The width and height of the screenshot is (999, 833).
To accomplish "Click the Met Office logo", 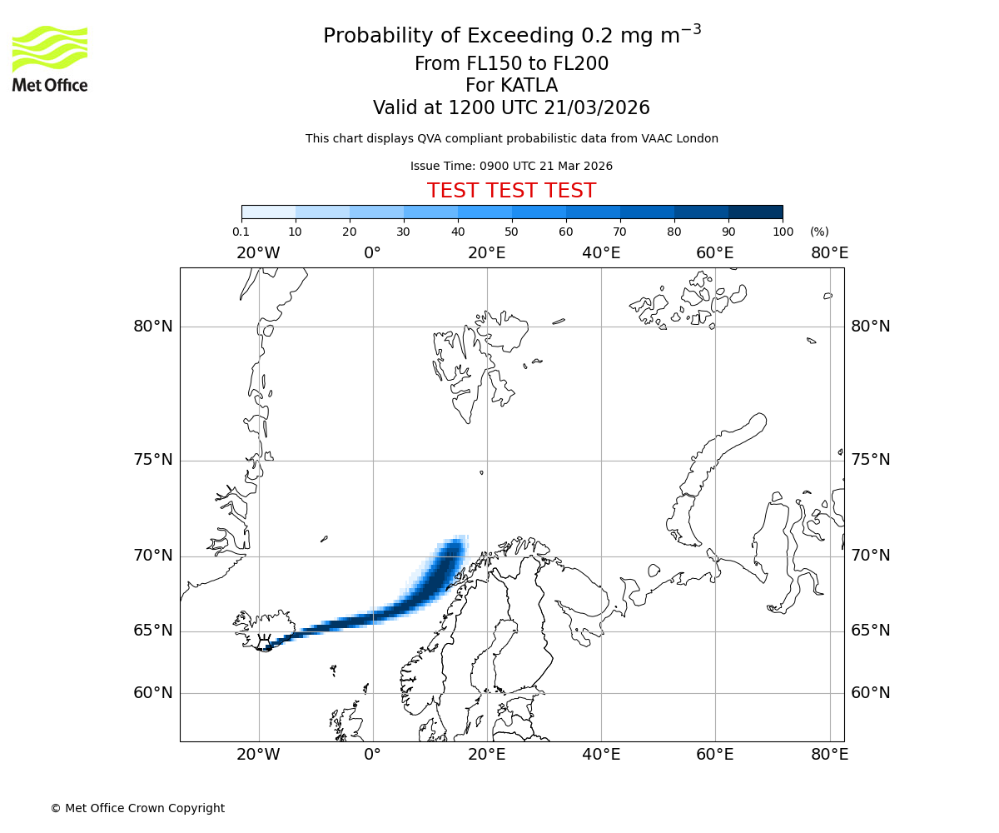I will [x=50, y=58].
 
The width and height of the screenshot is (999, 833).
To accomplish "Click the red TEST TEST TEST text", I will [x=511, y=191].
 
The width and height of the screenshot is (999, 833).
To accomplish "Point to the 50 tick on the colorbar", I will [x=512, y=232].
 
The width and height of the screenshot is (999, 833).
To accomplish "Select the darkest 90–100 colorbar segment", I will [x=755, y=212].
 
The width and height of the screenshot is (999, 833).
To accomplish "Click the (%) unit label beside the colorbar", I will [x=819, y=232].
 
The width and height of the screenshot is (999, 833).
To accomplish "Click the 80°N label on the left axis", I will [x=153, y=327].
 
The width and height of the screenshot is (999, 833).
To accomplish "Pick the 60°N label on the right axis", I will [x=870, y=693].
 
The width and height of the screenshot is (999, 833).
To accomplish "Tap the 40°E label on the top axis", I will [x=601, y=253].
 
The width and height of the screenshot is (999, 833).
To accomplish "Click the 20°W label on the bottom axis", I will [x=258, y=755].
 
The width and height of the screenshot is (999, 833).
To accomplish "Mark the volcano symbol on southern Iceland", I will [x=265, y=643].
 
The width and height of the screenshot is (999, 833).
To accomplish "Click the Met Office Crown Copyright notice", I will [x=137, y=808].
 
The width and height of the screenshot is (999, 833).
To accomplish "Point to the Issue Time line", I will [x=511, y=166].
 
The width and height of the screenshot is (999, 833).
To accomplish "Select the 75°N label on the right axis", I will [x=870, y=460].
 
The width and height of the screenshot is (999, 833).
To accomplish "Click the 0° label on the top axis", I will [x=372, y=253].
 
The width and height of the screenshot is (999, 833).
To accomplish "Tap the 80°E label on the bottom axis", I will [x=829, y=755].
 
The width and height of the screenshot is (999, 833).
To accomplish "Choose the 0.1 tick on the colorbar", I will [x=241, y=232].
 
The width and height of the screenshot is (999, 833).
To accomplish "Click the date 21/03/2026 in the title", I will [x=597, y=108].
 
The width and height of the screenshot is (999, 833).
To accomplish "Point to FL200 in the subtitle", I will [x=580, y=64].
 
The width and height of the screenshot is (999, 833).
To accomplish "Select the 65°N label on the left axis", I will [x=153, y=631].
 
